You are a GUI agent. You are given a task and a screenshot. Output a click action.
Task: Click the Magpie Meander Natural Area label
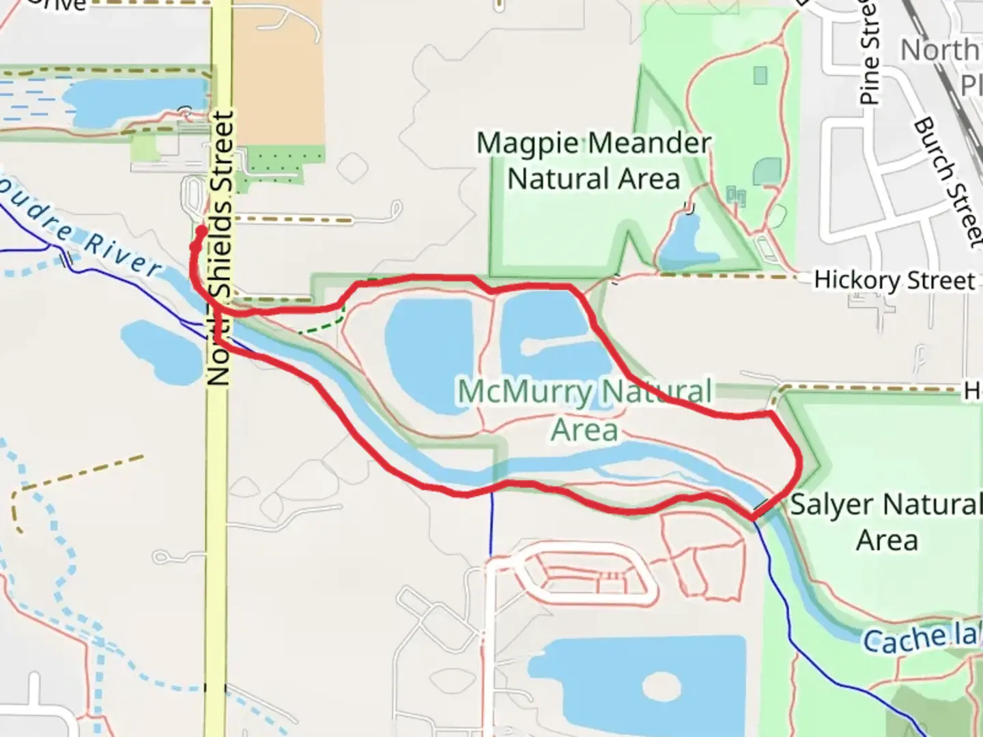pos(593,161)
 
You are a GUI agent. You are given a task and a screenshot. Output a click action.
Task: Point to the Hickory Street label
pos(894,280)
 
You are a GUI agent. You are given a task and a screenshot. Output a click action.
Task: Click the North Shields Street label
pos(220,249)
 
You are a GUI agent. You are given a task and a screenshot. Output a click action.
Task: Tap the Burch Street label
pos(948,180)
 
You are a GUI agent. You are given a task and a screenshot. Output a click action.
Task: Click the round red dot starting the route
pos(201,231)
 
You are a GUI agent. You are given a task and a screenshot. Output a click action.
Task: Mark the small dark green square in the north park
pos(760,75)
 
